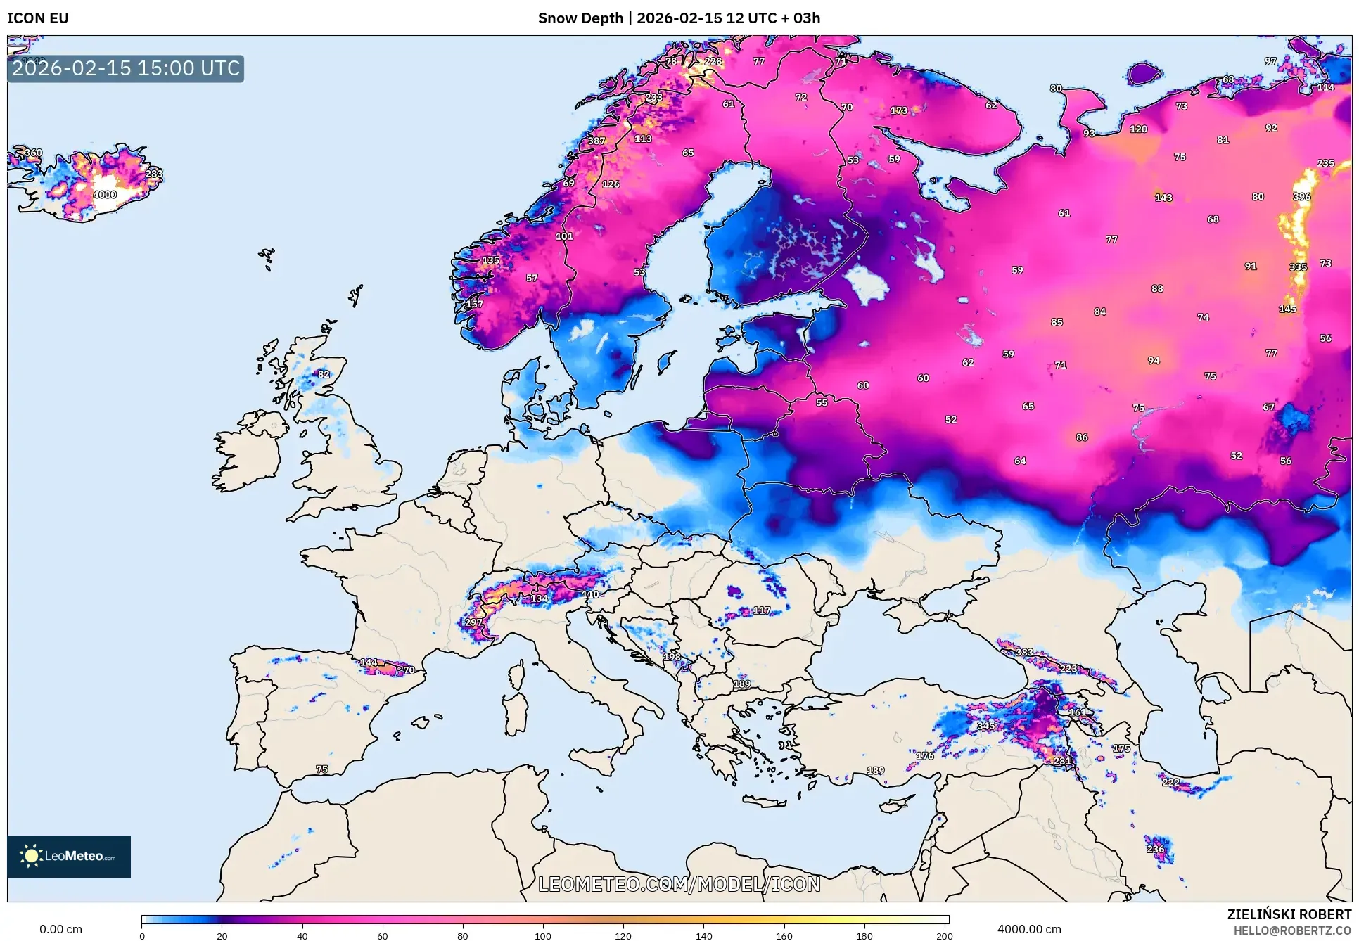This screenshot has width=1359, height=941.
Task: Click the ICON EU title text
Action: [38, 18]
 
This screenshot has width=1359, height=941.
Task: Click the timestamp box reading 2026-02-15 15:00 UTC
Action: [126, 68]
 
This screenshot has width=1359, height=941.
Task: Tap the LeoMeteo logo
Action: [69, 856]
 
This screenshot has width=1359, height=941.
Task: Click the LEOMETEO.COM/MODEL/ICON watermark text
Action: [679, 884]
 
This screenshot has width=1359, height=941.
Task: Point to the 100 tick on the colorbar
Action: [543, 935]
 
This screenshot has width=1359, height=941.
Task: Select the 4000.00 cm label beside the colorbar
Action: [1029, 929]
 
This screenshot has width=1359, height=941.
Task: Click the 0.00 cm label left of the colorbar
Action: [60, 929]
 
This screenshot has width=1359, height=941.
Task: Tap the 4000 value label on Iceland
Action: [105, 195]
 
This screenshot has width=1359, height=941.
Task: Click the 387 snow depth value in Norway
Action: [596, 141]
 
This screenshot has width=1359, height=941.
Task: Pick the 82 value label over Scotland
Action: [324, 374]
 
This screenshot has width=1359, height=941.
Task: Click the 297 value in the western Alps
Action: [473, 622]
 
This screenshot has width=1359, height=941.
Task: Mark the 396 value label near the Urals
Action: [1301, 197]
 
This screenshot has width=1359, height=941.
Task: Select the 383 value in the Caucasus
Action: [1024, 653]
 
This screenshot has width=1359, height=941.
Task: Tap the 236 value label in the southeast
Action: [1155, 849]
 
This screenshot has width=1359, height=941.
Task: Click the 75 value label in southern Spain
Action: [322, 769]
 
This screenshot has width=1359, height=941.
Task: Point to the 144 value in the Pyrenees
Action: [369, 662]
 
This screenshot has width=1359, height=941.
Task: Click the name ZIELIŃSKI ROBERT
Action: [1289, 914]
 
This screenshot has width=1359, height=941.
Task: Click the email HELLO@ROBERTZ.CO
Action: [1292, 930]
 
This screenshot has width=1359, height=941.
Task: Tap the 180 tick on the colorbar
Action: [864, 935]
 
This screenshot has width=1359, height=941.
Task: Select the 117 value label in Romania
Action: [761, 610]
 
